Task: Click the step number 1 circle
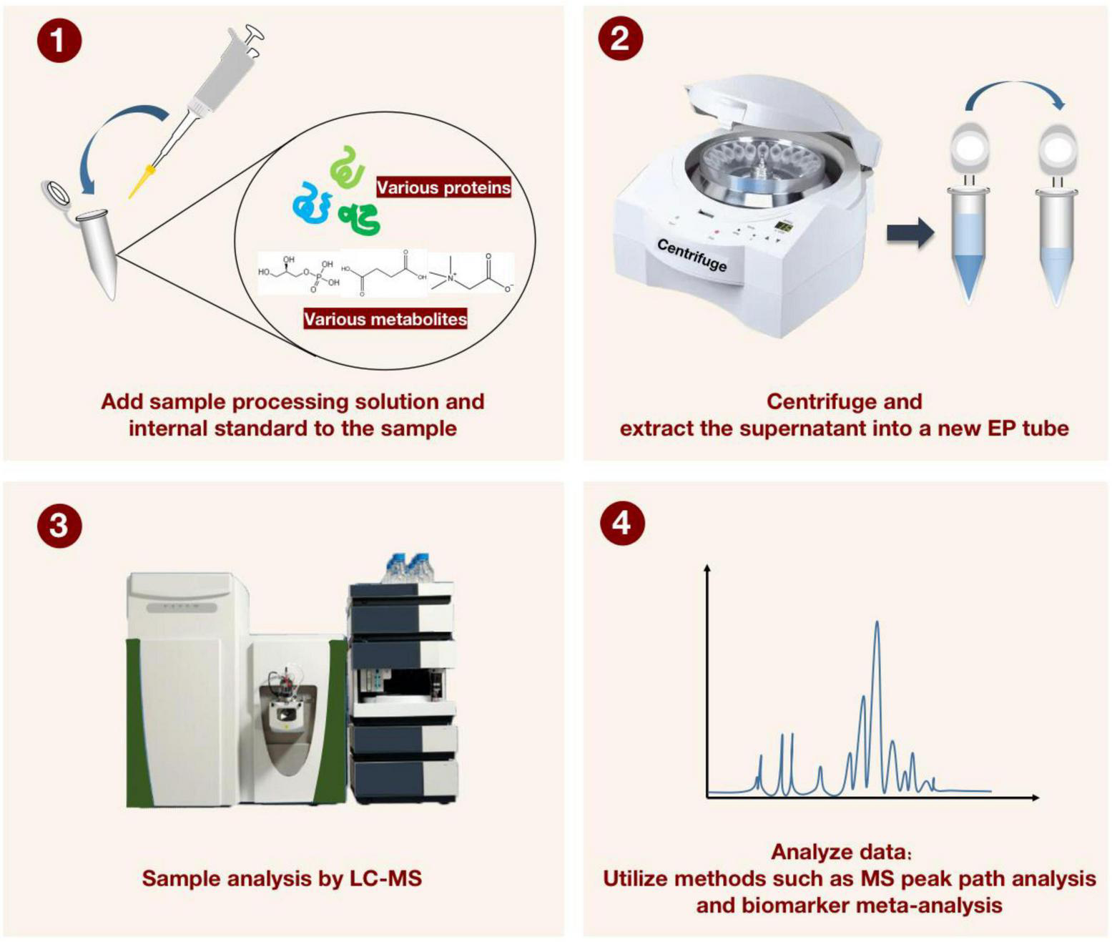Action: point(59,41)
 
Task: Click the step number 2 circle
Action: point(620,37)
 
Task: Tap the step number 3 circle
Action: point(59,526)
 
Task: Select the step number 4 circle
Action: point(621,523)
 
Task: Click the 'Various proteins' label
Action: point(443,187)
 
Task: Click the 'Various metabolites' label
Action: point(385,319)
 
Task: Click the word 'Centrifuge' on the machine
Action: point(692,255)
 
